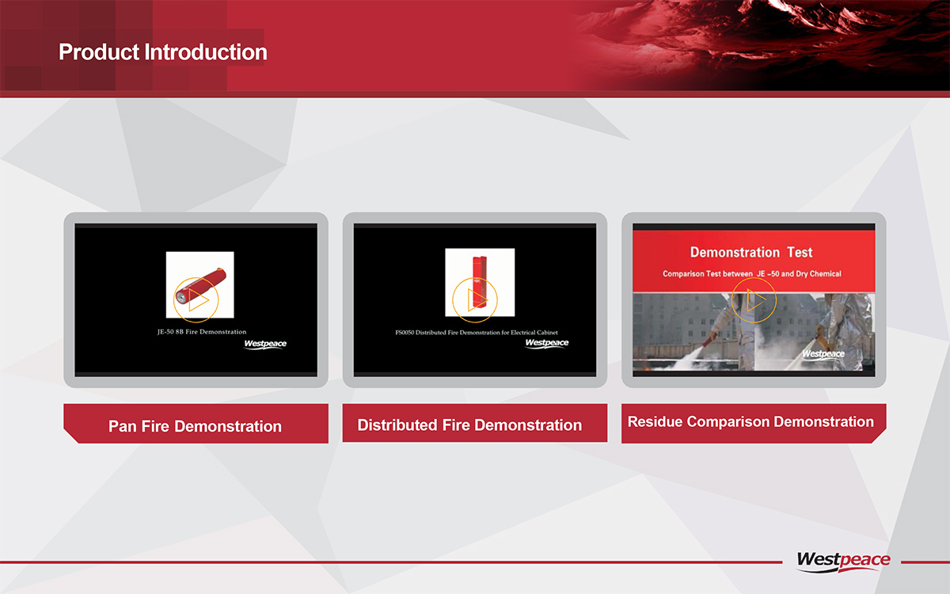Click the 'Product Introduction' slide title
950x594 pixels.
click(x=163, y=52)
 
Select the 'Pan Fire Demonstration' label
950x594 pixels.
click(x=195, y=426)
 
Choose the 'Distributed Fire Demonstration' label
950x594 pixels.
click(x=469, y=425)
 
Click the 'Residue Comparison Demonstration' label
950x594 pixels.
click(x=750, y=421)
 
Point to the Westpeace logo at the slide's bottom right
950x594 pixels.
click(x=844, y=561)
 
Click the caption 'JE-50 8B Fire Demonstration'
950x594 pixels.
click(x=202, y=332)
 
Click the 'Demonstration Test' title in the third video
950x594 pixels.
click(x=751, y=253)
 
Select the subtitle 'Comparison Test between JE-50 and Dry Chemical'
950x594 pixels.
click(x=752, y=274)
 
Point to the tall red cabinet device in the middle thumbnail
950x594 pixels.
click(x=480, y=282)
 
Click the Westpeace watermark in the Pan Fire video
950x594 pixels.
click(x=265, y=344)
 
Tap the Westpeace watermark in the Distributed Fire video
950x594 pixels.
click(x=547, y=343)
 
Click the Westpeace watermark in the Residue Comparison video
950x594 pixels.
click(x=823, y=354)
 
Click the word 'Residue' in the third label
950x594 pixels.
click(x=655, y=421)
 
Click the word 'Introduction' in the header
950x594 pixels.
click(x=206, y=52)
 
